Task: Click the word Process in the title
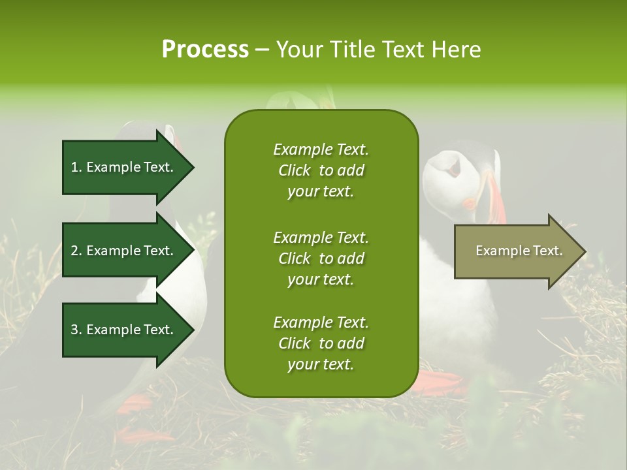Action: tap(205, 49)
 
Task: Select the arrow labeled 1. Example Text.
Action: tap(124, 167)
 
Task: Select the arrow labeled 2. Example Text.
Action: tap(124, 251)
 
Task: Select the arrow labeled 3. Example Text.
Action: tap(124, 330)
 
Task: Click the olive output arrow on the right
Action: tap(516, 251)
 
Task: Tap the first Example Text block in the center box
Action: tap(321, 170)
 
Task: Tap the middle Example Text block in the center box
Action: tap(321, 258)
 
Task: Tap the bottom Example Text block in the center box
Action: tap(321, 343)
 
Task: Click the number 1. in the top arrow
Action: tap(76, 167)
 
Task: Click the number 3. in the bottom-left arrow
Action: tap(76, 330)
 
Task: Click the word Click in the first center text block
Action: tap(295, 170)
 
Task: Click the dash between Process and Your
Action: tap(263, 50)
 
